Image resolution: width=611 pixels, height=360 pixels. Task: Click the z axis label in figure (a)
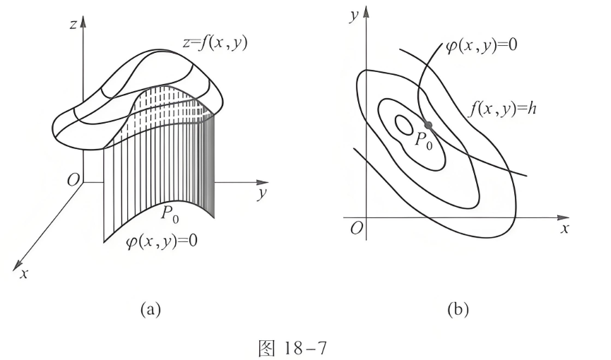(73, 24)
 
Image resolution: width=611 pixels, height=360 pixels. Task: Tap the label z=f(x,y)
(215, 42)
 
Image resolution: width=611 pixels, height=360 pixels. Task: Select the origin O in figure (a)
(73, 179)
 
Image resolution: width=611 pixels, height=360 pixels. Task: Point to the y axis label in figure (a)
(262, 193)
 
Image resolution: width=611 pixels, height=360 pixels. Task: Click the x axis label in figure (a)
(24, 273)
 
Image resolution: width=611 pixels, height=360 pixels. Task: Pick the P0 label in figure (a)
(170, 213)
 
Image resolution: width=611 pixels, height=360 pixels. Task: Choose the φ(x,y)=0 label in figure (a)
(161, 241)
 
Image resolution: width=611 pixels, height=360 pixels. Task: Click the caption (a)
(150, 309)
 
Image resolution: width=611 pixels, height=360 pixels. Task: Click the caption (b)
(458, 309)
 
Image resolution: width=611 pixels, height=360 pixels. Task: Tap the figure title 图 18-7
(292, 348)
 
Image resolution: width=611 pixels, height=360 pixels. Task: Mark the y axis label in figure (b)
(354, 16)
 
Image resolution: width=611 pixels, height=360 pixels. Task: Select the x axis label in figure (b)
(565, 228)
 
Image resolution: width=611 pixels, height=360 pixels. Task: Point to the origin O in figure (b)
(356, 228)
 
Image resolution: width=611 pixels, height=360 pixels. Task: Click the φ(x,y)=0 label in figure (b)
(482, 46)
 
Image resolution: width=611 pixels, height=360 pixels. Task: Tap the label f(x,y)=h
(502, 108)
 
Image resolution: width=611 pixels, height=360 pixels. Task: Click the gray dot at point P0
(428, 125)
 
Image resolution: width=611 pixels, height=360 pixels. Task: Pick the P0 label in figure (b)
(423, 140)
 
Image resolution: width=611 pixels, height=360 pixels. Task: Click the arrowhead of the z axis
(83, 21)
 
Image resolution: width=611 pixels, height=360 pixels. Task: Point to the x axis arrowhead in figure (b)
(563, 217)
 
